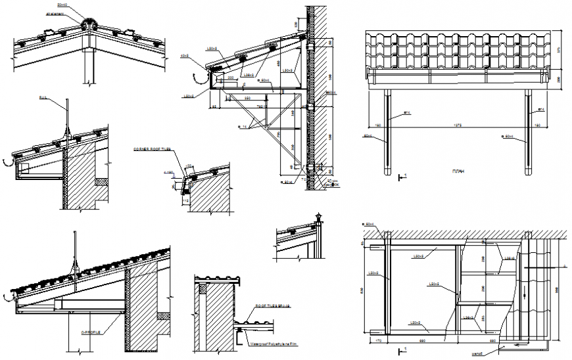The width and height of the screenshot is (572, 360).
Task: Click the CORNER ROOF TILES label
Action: (152, 150)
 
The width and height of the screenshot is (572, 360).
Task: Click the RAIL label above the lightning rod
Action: (43, 98)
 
